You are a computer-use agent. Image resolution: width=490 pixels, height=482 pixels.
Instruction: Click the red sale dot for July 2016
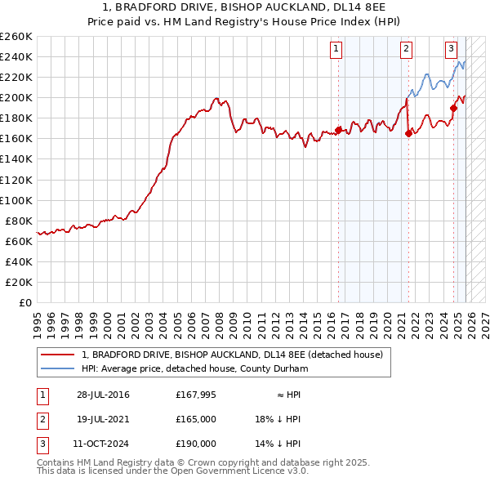coord(338,130)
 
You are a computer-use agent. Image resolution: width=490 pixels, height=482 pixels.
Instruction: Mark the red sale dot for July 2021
coord(408,134)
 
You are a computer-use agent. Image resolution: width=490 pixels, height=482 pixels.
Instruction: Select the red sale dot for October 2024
coord(454,107)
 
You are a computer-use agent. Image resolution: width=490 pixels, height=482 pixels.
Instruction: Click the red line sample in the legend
coord(58,355)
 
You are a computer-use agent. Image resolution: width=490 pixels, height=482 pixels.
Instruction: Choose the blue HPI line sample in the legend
coord(58,369)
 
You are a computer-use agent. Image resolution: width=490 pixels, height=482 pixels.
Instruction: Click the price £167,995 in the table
coord(196,395)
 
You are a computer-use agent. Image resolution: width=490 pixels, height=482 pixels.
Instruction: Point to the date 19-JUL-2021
coord(103,419)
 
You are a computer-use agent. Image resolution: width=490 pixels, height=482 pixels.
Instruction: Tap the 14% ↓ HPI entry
coord(278,444)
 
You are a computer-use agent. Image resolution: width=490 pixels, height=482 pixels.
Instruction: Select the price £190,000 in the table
coord(196,444)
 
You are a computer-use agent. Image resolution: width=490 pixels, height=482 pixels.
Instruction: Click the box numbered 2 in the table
coord(42,419)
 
